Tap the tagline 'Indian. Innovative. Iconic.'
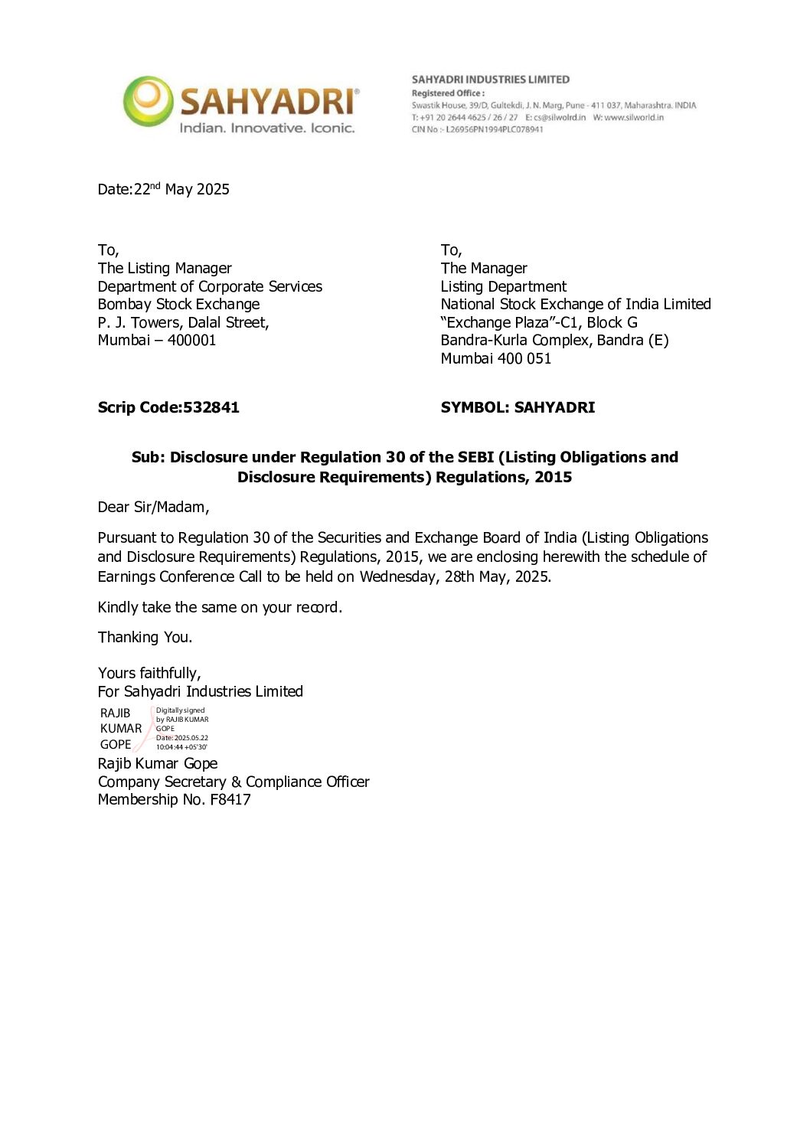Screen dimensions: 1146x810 [267, 128]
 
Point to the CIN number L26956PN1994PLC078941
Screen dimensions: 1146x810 [495, 129]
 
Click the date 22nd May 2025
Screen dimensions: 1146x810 [181, 189]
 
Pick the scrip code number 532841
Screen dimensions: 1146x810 [211, 407]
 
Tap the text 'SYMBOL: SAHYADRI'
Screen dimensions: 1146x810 [518, 407]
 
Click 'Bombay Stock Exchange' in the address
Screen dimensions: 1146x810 [178, 304]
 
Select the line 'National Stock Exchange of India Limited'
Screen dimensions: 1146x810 [576, 304]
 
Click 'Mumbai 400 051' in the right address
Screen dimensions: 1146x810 [495, 358]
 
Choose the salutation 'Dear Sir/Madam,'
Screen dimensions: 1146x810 [153, 507]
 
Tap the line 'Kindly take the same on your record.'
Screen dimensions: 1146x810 [220, 607]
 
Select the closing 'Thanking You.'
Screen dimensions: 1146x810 [145, 637]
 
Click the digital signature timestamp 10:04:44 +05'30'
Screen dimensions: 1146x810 [181, 747]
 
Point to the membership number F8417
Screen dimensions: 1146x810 [230, 799]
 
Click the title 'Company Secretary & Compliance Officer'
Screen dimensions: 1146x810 [234, 782]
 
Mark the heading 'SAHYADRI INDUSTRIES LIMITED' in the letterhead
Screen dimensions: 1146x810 [490, 80]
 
